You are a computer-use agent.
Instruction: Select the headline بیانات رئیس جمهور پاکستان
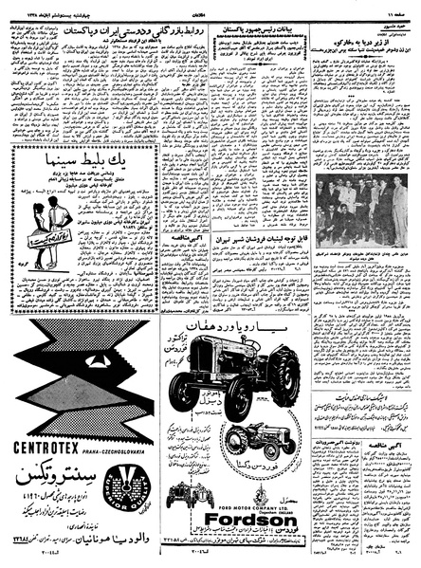pyautogui.click(x=257, y=32)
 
